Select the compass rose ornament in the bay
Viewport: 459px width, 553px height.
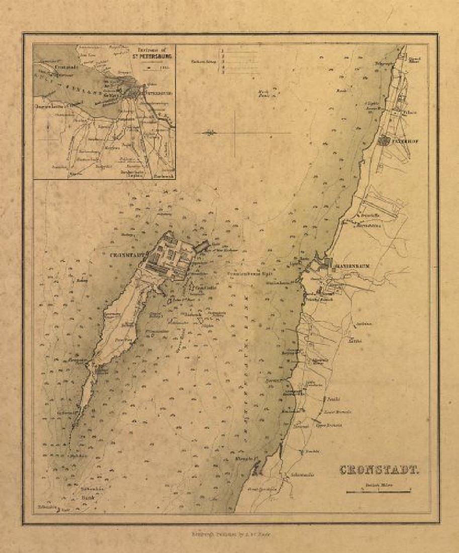(211, 133)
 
